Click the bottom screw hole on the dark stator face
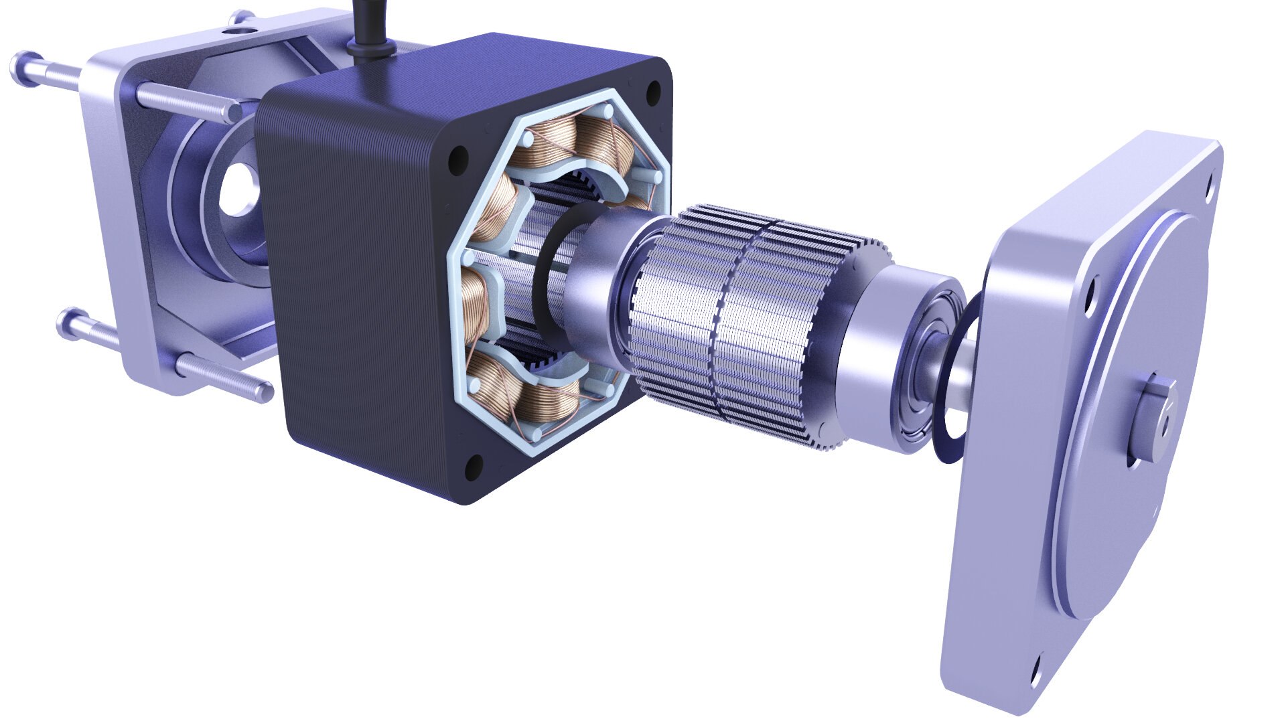[x=476, y=463]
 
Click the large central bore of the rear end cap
[x=238, y=187]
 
